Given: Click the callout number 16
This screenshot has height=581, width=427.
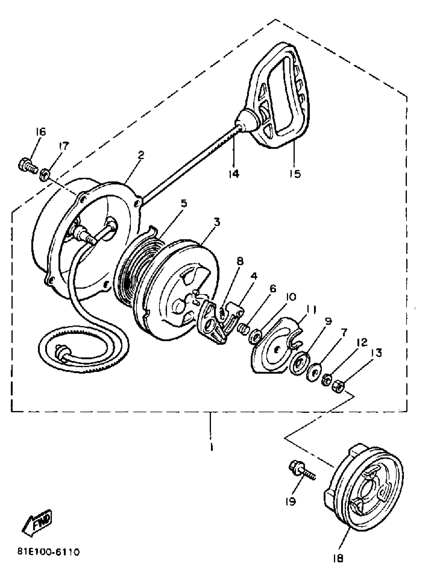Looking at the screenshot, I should [x=41, y=132].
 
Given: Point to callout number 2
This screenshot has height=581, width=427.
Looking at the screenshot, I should [x=141, y=155].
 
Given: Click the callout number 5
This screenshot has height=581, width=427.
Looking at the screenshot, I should [x=184, y=203].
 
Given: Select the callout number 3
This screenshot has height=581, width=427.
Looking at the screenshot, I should [x=217, y=222].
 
